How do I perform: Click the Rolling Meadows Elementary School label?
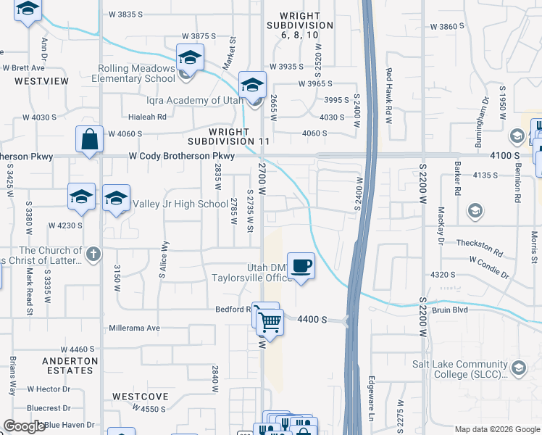pyautogui.click(x=138, y=73)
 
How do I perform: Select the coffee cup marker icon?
pyautogui.click(x=301, y=266)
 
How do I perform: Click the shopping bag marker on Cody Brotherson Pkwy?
pyautogui.click(x=89, y=141)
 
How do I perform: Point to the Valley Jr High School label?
pyautogui.click(x=180, y=204)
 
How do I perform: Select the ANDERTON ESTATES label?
pyautogui.click(x=70, y=365)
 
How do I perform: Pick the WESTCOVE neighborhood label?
pyautogui.click(x=140, y=397)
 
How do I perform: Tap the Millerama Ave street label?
pyautogui.click(x=134, y=328)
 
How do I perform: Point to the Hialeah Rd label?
pyautogui.click(x=147, y=116)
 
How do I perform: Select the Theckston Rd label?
pyautogui.click(x=479, y=244)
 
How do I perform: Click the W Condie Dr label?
pyautogui.click(x=489, y=260)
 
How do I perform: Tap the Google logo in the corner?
pyautogui.click(x=24, y=426)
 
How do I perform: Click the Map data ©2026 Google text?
pyautogui.click(x=497, y=429)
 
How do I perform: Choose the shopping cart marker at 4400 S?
pyautogui.click(x=270, y=321)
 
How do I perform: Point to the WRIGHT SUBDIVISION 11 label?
pyautogui.click(x=239, y=136)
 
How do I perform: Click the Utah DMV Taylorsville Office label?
pyautogui.click(x=250, y=272)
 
